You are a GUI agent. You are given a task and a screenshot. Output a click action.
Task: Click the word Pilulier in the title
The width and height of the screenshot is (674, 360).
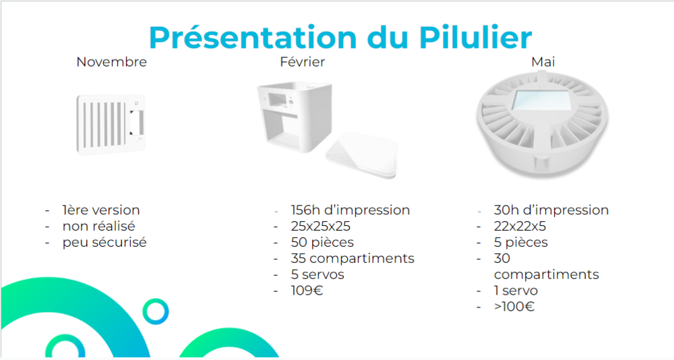475,38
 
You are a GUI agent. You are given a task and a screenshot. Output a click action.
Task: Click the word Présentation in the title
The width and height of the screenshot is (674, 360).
253,38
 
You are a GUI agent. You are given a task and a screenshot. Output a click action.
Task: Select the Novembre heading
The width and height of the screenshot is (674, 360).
112,62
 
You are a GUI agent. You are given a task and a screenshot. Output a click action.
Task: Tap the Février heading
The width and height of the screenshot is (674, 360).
302,62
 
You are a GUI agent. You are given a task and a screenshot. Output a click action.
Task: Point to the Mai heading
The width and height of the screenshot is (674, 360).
543,62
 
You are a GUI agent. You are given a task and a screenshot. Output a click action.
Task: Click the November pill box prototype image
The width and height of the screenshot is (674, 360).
111,124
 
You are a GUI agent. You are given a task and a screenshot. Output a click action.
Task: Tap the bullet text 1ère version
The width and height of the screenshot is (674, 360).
101,210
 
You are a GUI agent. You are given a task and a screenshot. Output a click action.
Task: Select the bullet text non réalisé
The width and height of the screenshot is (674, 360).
99,227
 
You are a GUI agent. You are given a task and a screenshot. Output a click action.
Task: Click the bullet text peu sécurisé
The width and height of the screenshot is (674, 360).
104,243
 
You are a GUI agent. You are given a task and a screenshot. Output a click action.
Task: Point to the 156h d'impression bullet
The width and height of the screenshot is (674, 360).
350,210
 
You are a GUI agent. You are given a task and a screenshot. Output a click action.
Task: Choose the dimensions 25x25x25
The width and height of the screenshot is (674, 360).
321,227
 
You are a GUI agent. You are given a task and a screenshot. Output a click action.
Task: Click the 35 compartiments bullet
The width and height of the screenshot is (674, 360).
353,258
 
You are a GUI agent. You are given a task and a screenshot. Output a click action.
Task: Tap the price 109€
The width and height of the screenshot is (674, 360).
307,291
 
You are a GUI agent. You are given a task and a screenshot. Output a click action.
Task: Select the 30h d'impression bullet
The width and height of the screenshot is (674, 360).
551,210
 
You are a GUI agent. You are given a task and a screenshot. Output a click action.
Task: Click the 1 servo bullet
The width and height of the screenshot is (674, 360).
516,291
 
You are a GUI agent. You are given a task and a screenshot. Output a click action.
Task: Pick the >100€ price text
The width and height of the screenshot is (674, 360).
514,307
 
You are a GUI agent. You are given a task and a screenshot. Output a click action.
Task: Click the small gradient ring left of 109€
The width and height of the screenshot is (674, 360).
156,300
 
